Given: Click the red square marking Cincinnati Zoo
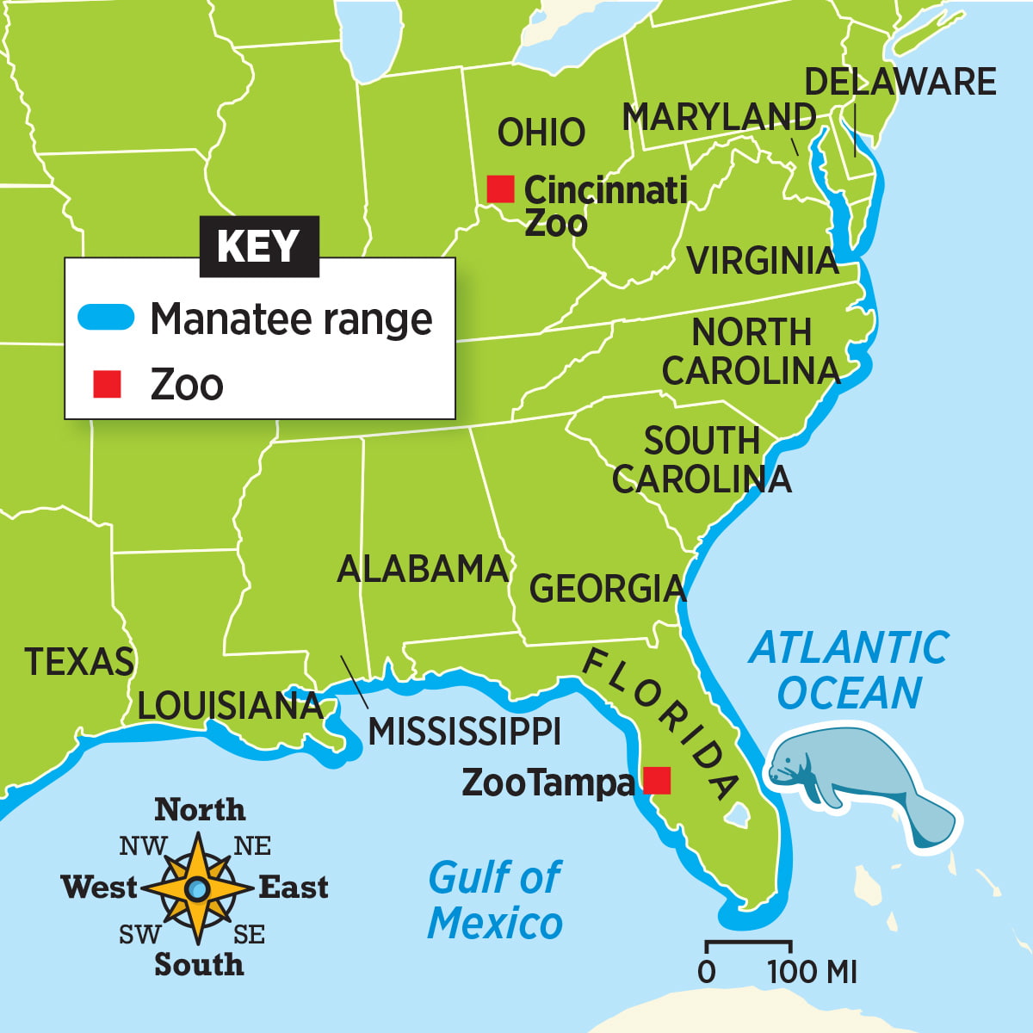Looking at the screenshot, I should [500, 189].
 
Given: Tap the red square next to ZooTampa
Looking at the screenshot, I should [657, 780].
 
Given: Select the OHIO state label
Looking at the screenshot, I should [541, 133].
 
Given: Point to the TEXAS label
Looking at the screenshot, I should [79, 661].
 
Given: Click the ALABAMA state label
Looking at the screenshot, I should [423, 569].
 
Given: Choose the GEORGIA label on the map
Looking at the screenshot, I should [607, 589].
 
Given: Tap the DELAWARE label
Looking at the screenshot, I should [900, 82].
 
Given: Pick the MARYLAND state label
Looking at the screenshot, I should [719, 117].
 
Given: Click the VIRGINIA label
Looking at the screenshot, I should [762, 260].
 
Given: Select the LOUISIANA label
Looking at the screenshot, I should [230, 706].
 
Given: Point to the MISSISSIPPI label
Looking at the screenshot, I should [464, 732].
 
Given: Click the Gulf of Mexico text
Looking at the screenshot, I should [495, 900].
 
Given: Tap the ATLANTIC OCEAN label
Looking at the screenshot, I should [849, 670].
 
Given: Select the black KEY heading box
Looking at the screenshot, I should [259, 246].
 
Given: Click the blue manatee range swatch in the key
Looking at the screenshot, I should [107, 318].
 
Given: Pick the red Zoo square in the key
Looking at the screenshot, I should [107, 384].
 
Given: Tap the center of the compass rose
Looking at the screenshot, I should [197, 888].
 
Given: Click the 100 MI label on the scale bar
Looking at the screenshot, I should [812, 972].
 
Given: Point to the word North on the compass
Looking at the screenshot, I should [199, 810].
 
